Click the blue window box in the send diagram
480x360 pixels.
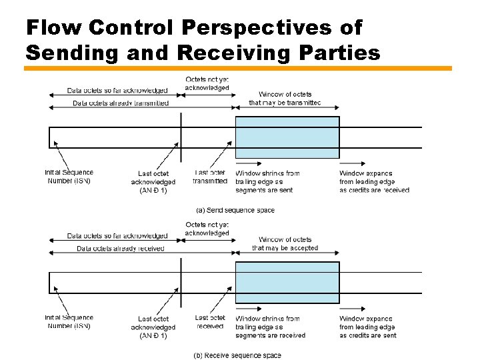[287, 137]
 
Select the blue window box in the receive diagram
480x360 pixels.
[287, 283]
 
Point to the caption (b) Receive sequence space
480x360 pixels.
[237, 355]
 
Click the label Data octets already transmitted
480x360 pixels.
[121, 103]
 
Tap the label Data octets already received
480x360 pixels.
[120, 249]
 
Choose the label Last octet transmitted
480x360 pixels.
[210, 177]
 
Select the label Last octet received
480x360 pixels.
[210, 322]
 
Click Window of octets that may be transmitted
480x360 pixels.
[285, 98]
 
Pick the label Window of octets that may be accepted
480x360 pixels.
[285, 243]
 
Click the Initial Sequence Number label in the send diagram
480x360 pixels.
[69, 177]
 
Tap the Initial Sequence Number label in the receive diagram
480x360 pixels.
[69, 322]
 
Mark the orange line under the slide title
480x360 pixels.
[238, 68]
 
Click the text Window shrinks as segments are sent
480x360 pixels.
[267, 181]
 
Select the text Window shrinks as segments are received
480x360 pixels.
[270, 327]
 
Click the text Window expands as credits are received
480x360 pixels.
[374, 181]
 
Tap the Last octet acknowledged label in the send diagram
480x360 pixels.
[153, 182]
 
